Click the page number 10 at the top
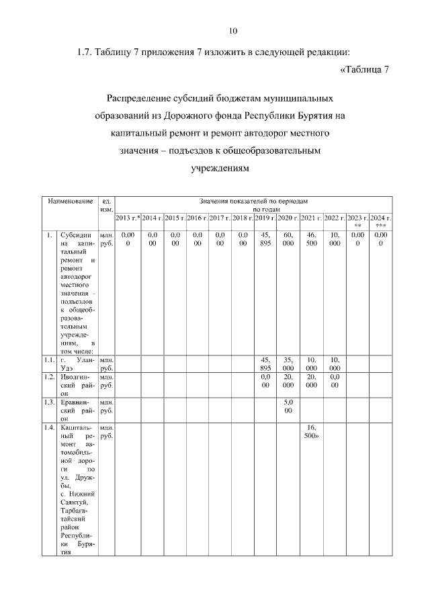[x=233, y=31]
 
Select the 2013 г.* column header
[x=128, y=218]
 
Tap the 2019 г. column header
[x=265, y=218]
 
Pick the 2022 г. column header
[x=334, y=218]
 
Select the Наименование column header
[x=69, y=202]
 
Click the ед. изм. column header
[x=105, y=206]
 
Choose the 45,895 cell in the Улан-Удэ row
[x=265, y=363]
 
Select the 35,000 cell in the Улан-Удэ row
[x=288, y=363]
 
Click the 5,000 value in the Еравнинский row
[x=288, y=406]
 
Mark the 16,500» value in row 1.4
[x=311, y=431]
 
